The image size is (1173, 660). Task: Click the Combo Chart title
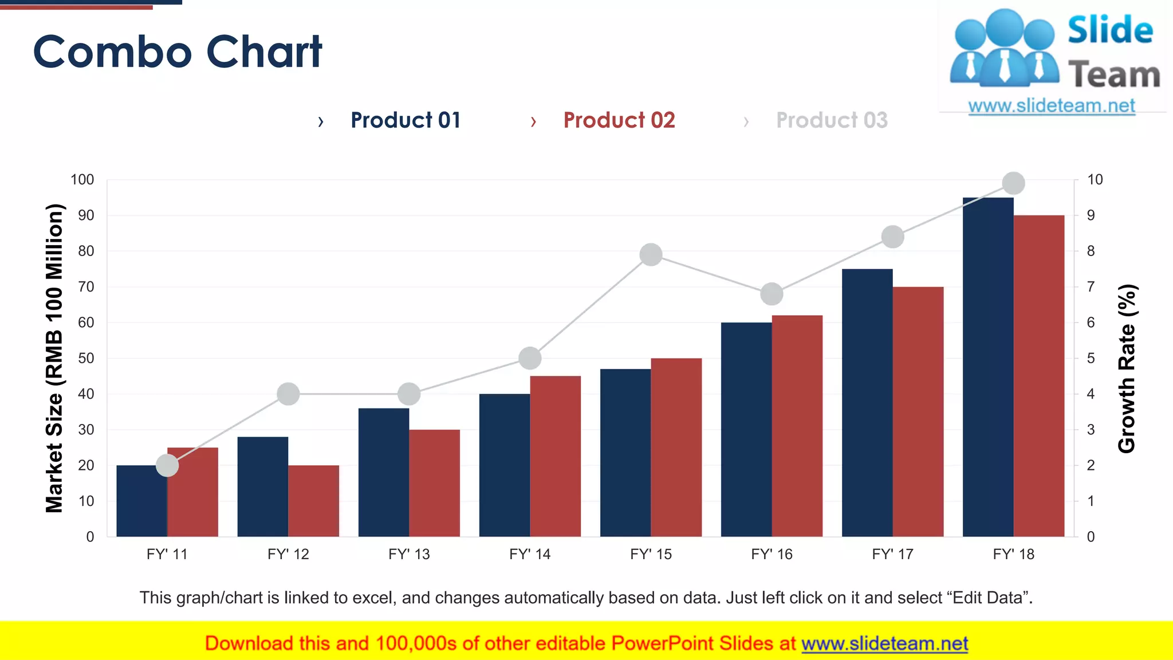[x=178, y=52]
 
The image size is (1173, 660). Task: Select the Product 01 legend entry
[x=406, y=120]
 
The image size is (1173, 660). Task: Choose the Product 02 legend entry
[x=619, y=120]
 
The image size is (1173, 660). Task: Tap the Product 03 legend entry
[x=832, y=120]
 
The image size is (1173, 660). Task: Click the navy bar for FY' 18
[x=988, y=367]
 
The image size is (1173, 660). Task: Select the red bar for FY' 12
[x=313, y=501]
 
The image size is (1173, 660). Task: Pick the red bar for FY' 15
[x=676, y=447]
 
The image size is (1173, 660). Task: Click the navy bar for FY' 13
[x=384, y=472]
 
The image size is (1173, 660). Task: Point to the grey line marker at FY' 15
[x=651, y=254]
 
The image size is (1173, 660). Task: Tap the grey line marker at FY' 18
[x=1013, y=183]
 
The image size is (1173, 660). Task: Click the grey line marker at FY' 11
[x=167, y=465]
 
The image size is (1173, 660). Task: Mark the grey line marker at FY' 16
[x=771, y=294]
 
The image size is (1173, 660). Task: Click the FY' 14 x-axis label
[x=530, y=554]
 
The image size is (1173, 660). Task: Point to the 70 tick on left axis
[x=86, y=286]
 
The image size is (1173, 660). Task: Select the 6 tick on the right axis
[x=1091, y=323]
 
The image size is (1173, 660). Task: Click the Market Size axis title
[x=54, y=358]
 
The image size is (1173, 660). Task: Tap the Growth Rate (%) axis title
[x=1127, y=368]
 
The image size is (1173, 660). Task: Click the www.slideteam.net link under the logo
[x=1051, y=105]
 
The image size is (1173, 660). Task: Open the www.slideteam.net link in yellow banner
[x=884, y=643]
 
